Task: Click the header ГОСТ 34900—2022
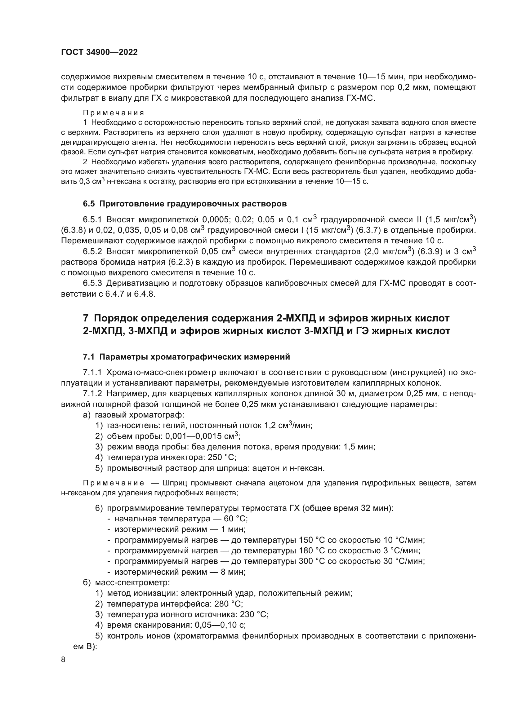[99, 52]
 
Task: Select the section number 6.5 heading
[89, 204]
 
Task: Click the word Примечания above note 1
[114, 113]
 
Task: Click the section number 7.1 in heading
[89, 357]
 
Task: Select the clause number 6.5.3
[92, 284]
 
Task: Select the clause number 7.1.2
[92, 394]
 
